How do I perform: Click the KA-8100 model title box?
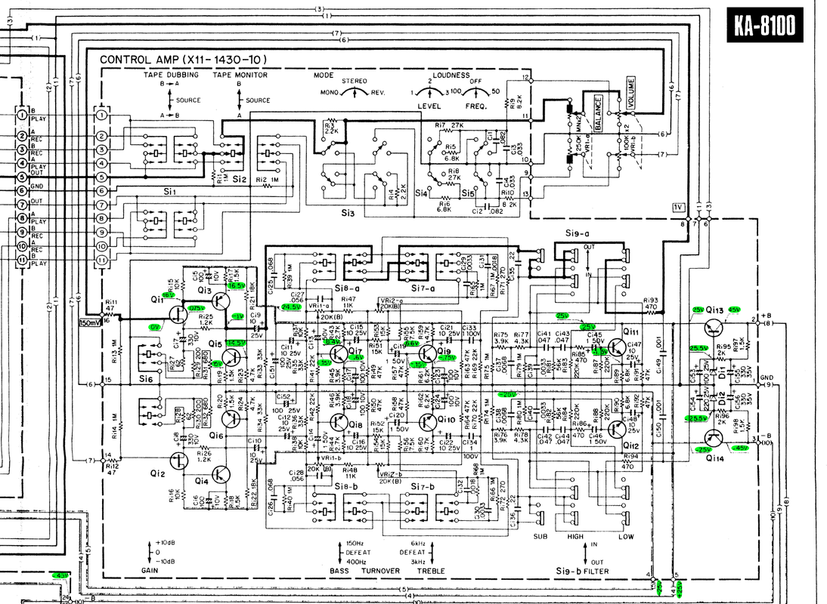click(x=763, y=26)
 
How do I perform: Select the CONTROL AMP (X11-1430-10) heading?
click(x=184, y=60)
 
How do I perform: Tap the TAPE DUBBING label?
click(x=173, y=75)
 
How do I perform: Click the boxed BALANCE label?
click(x=597, y=114)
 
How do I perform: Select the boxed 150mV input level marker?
click(x=90, y=322)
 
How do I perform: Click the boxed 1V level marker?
click(x=677, y=207)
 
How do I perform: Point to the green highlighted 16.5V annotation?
click(x=235, y=286)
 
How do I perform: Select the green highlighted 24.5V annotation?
click(x=290, y=307)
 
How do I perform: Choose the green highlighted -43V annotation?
click(x=60, y=575)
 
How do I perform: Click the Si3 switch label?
click(x=347, y=214)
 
